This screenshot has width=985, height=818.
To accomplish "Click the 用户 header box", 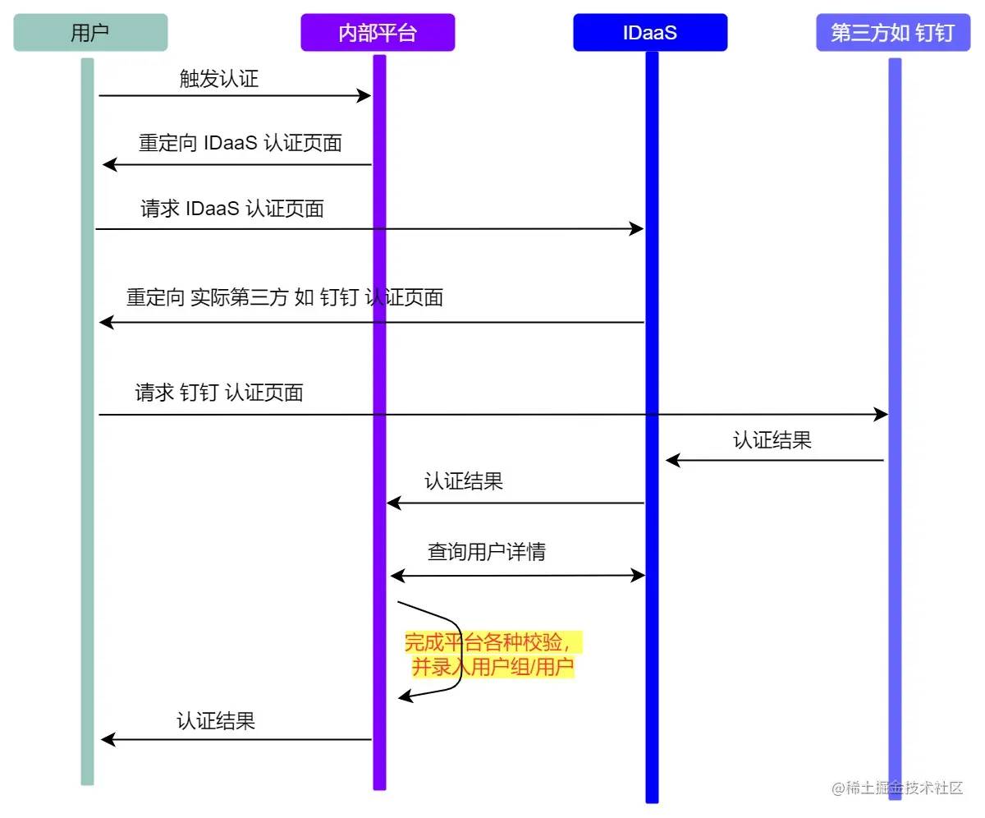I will [90, 33].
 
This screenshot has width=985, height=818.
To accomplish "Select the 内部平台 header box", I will [378, 33].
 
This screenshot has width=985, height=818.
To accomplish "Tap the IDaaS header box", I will [650, 33].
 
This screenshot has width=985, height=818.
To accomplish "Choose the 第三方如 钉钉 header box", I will [893, 33].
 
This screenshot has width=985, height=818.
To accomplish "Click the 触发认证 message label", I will [219, 79].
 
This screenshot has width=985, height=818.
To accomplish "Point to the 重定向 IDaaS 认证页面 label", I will [240, 143].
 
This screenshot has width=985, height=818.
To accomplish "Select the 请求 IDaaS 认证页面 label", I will [232, 209].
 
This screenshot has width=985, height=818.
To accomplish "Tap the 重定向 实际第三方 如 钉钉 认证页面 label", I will [285, 297].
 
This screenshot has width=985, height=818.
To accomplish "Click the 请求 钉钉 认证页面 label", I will [219, 393].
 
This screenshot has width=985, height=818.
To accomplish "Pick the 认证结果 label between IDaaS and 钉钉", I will [772, 440].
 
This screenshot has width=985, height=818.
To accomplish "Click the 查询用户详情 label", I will [487, 552].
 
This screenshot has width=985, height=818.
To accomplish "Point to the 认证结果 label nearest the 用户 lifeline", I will [216, 721].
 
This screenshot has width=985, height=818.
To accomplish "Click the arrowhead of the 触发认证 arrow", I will [365, 96].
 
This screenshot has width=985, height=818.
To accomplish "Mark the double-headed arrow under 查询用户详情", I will [518, 576].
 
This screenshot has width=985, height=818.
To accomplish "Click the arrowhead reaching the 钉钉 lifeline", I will [882, 415].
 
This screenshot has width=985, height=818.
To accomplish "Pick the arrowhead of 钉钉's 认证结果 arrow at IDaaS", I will [672, 461].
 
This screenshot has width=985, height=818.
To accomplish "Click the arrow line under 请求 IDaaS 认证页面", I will [369, 228].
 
